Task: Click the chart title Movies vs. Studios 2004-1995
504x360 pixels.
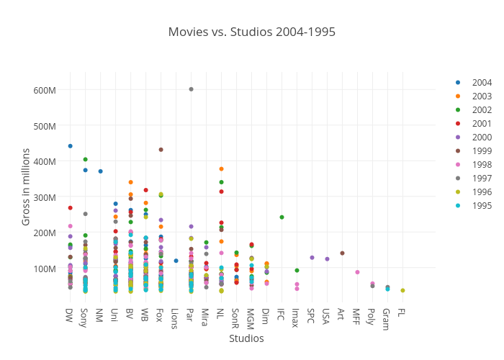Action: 251,32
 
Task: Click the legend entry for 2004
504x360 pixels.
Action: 482,82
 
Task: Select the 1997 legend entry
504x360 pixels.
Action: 482,178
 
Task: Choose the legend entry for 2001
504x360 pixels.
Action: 482,123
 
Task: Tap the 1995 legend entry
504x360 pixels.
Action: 482,205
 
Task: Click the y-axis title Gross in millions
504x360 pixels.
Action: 26,186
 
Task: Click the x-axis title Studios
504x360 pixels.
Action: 246,338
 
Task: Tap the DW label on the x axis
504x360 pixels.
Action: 70,315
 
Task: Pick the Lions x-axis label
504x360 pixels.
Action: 175,319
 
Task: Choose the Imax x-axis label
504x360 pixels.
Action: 296,318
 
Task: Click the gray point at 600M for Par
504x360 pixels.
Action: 191,89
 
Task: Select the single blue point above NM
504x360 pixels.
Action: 100,171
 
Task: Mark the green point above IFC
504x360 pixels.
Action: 282,217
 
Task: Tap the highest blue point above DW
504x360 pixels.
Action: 70,146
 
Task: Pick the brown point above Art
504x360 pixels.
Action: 342,253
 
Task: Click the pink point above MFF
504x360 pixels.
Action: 357,272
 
